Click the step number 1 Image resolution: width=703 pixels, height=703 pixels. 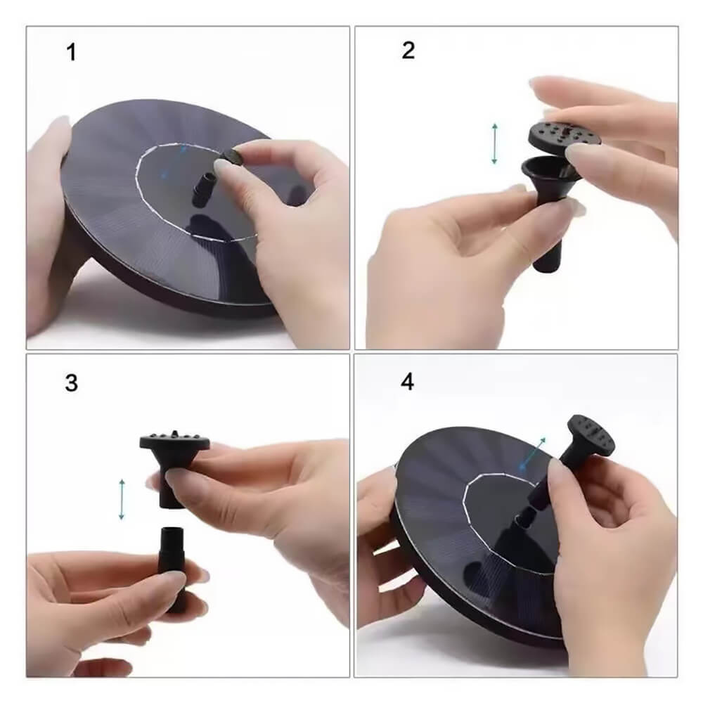[x=71, y=52]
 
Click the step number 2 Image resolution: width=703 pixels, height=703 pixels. [x=408, y=50]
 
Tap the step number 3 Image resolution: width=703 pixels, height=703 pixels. [x=71, y=383]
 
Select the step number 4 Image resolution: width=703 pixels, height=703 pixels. [x=407, y=382]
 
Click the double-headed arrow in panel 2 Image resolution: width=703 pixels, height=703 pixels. [x=494, y=143]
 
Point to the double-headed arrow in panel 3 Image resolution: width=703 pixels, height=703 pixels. [x=122, y=499]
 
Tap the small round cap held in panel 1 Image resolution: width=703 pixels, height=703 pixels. [x=233, y=157]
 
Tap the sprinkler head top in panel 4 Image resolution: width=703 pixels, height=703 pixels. [x=591, y=434]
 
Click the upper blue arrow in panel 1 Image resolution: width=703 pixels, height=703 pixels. [x=183, y=149]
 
